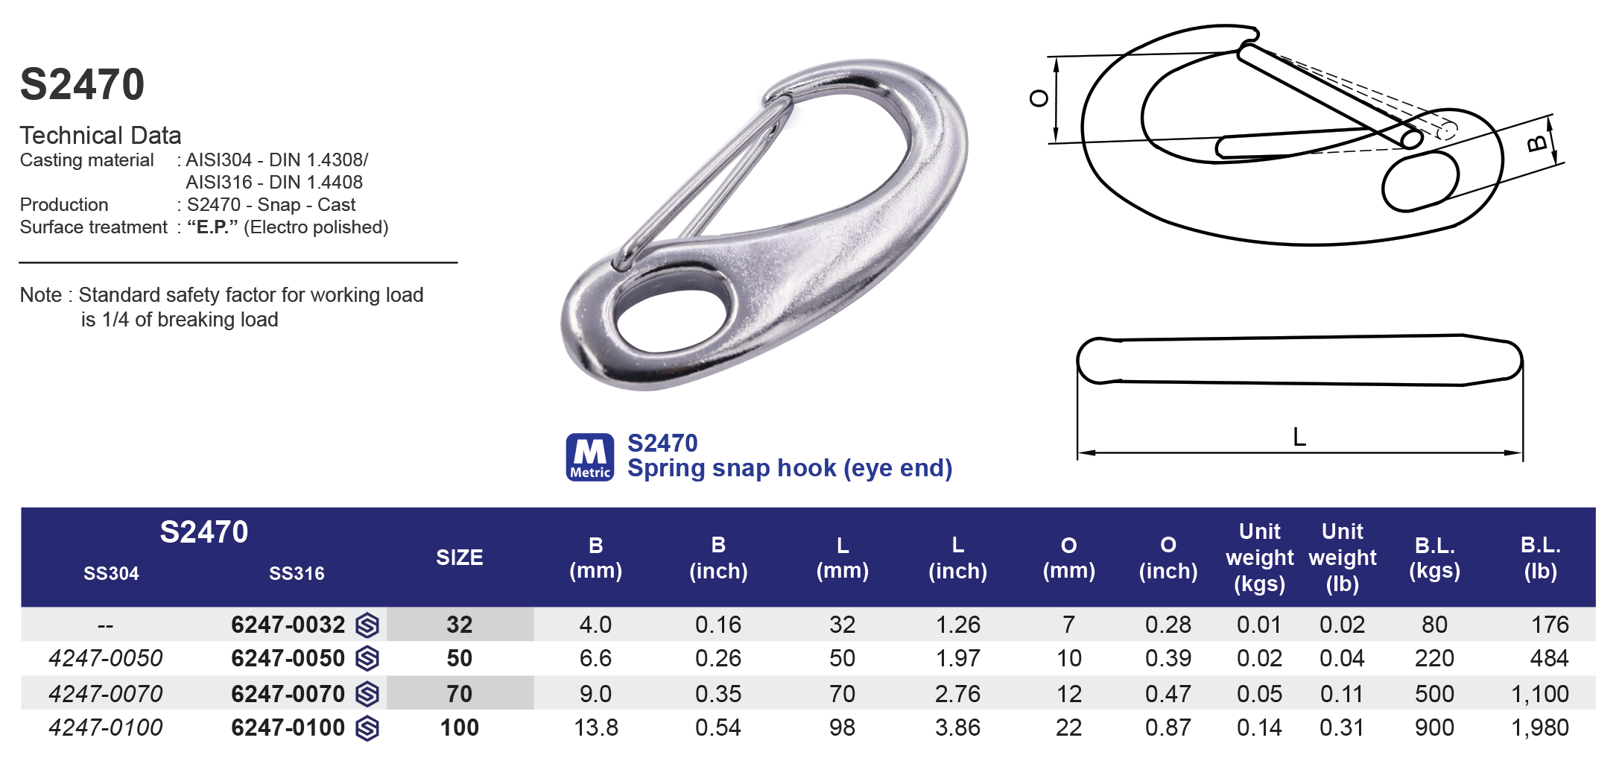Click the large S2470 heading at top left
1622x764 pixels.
coord(82,84)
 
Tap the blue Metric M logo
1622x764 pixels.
coord(590,457)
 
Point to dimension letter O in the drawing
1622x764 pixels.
coord(1039,98)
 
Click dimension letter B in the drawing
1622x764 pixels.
coord(1537,143)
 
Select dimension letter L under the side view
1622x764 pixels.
coord(1299,437)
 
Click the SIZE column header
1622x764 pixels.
coord(459,558)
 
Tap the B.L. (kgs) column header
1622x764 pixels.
coord(1434,558)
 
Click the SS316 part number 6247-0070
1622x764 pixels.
coord(288,694)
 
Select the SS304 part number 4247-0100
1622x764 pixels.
coord(105,727)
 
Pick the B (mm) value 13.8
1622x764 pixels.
coord(595,727)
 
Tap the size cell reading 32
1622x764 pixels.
coord(459,625)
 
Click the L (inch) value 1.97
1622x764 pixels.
coord(957,658)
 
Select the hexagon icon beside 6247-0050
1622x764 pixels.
coord(367,659)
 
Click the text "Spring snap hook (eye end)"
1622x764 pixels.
coord(790,468)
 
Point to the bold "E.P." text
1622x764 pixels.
coord(212,227)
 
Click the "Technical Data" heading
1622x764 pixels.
coord(101,136)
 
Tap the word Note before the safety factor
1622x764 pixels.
coord(41,295)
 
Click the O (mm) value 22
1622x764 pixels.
coord(1068,727)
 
